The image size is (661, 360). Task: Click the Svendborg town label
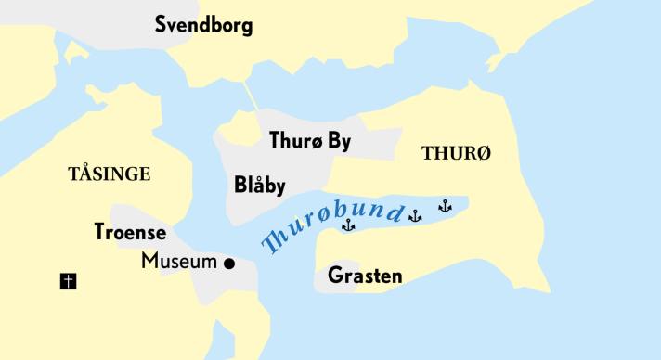(203, 25)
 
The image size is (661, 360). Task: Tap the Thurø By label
(310, 142)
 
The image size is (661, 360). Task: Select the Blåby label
(259, 185)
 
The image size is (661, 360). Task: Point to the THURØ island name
(456, 154)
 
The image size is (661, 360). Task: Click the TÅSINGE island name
(110, 174)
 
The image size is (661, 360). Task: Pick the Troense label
(130, 232)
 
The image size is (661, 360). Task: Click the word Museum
(179, 262)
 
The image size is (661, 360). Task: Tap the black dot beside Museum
(229, 264)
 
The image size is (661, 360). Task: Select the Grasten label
(365, 276)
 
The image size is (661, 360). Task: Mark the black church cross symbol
(68, 280)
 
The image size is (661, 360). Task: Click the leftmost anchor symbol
(348, 225)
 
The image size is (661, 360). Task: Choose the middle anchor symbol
(415, 216)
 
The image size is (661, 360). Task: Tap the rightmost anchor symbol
(445, 206)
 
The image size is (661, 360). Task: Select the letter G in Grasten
(335, 276)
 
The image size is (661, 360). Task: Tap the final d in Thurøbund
(396, 212)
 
